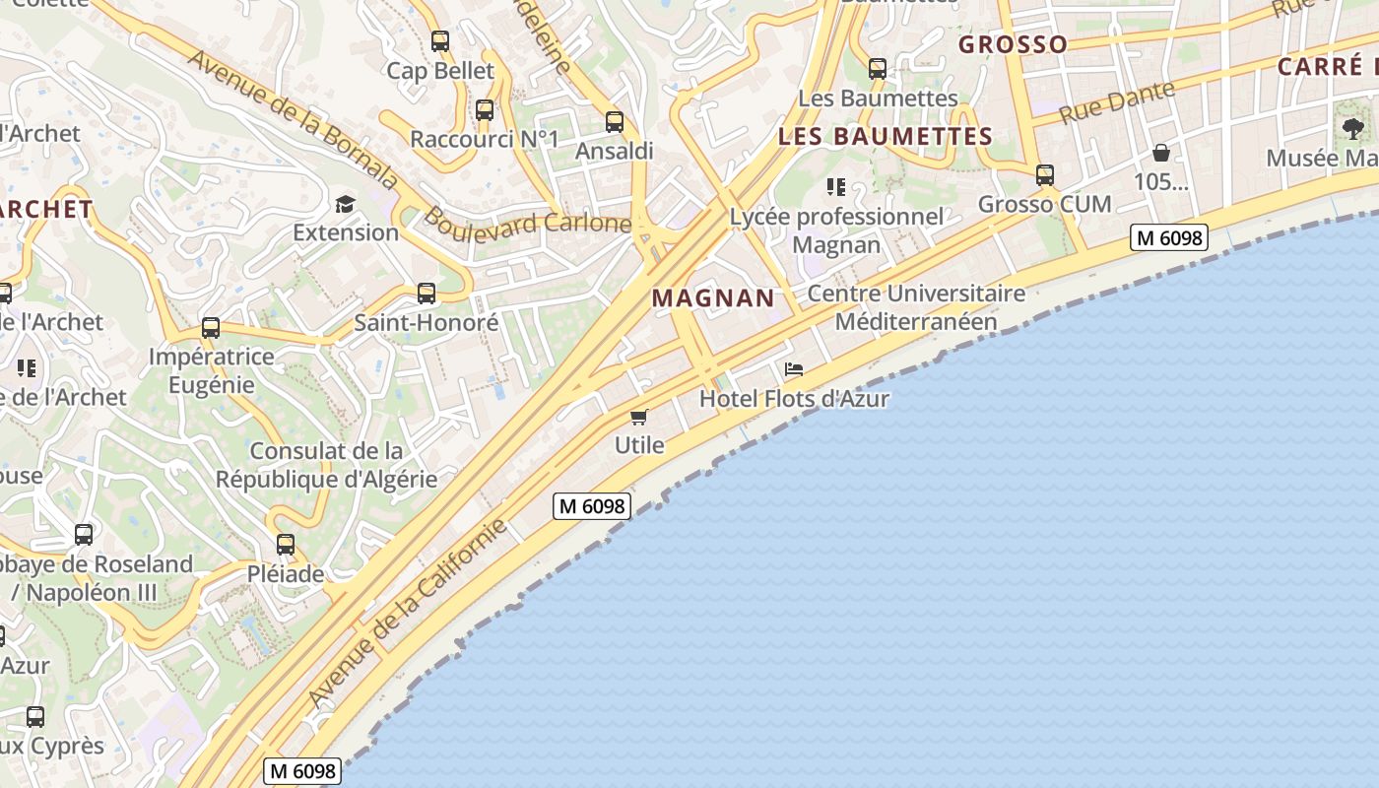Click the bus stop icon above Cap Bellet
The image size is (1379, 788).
pos(440,41)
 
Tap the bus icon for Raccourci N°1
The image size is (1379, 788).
pos(485,110)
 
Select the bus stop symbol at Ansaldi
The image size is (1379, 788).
pos(615,122)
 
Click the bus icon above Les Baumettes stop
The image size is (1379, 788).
pos(878,69)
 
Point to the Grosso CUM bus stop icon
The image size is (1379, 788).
pos(1045,175)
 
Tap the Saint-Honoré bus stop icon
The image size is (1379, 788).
pos(427,293)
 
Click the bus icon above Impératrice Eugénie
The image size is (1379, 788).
pos(211,328)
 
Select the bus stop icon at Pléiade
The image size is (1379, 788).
pos(286,544)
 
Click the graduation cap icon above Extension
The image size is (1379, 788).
pos(345,204)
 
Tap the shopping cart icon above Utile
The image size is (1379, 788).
pos(639,417)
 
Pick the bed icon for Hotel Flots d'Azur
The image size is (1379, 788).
pos(794,369)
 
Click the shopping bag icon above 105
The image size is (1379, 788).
pos(1161,153)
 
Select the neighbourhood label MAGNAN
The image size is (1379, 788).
pos(713,298)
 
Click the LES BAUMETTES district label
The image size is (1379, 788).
pos(885,137)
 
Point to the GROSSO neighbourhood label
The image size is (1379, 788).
pos(1013,44)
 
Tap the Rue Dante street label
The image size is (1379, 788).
pos(1117,102)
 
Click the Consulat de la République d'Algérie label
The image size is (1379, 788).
pos(326,465)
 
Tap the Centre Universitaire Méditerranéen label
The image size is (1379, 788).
pos(916,307)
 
